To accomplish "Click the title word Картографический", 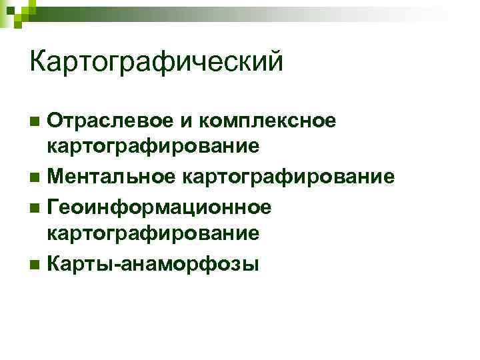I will pos(157,63).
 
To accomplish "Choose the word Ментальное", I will pos(111,177).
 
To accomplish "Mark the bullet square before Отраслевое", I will pos(35,122).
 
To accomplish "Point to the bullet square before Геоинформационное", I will pos(35,207).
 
